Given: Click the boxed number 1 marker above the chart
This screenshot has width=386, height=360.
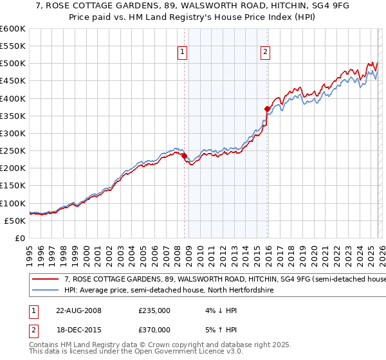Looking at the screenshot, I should [x=183, y=53].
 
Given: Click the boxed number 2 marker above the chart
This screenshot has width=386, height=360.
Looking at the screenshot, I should [x=266, y=53].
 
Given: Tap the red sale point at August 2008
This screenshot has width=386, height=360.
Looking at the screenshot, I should [x=184, y=156].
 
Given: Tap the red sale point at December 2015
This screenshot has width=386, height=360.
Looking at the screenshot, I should [x=267, y=109].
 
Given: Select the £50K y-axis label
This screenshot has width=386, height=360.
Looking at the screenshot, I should [x=15, y=221].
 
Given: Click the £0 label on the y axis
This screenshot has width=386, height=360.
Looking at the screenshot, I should [x=19, y=238].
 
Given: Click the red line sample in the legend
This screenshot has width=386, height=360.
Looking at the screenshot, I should [x=46, y=280].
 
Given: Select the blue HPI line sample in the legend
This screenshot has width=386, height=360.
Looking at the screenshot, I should [x=46, y=291].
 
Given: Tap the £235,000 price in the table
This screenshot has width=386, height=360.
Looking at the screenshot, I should [x=154, y=310].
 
